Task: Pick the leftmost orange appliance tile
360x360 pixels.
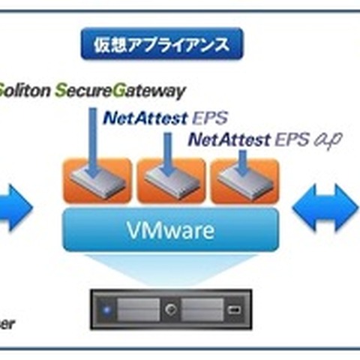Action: pyautogui.click(x=95, y=181)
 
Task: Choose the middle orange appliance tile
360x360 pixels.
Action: pyautogui.click(x=170, y=181)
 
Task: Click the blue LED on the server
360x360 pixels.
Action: pyautogui.click(x=107, y=308)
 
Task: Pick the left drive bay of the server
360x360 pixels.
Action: pyautogui.click(x=137, y=308)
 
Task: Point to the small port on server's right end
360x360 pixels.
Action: pyautogui.click(x=235, y=308)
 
